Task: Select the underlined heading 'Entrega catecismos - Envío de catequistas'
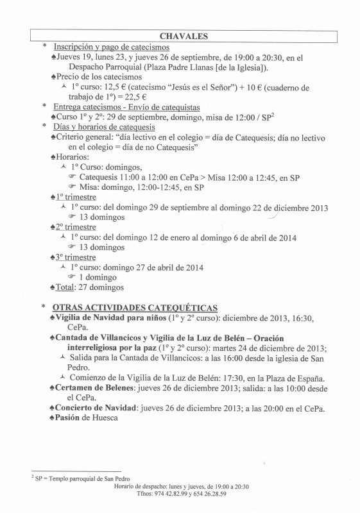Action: point(126,107)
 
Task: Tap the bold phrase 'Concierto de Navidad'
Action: point(99,408)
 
